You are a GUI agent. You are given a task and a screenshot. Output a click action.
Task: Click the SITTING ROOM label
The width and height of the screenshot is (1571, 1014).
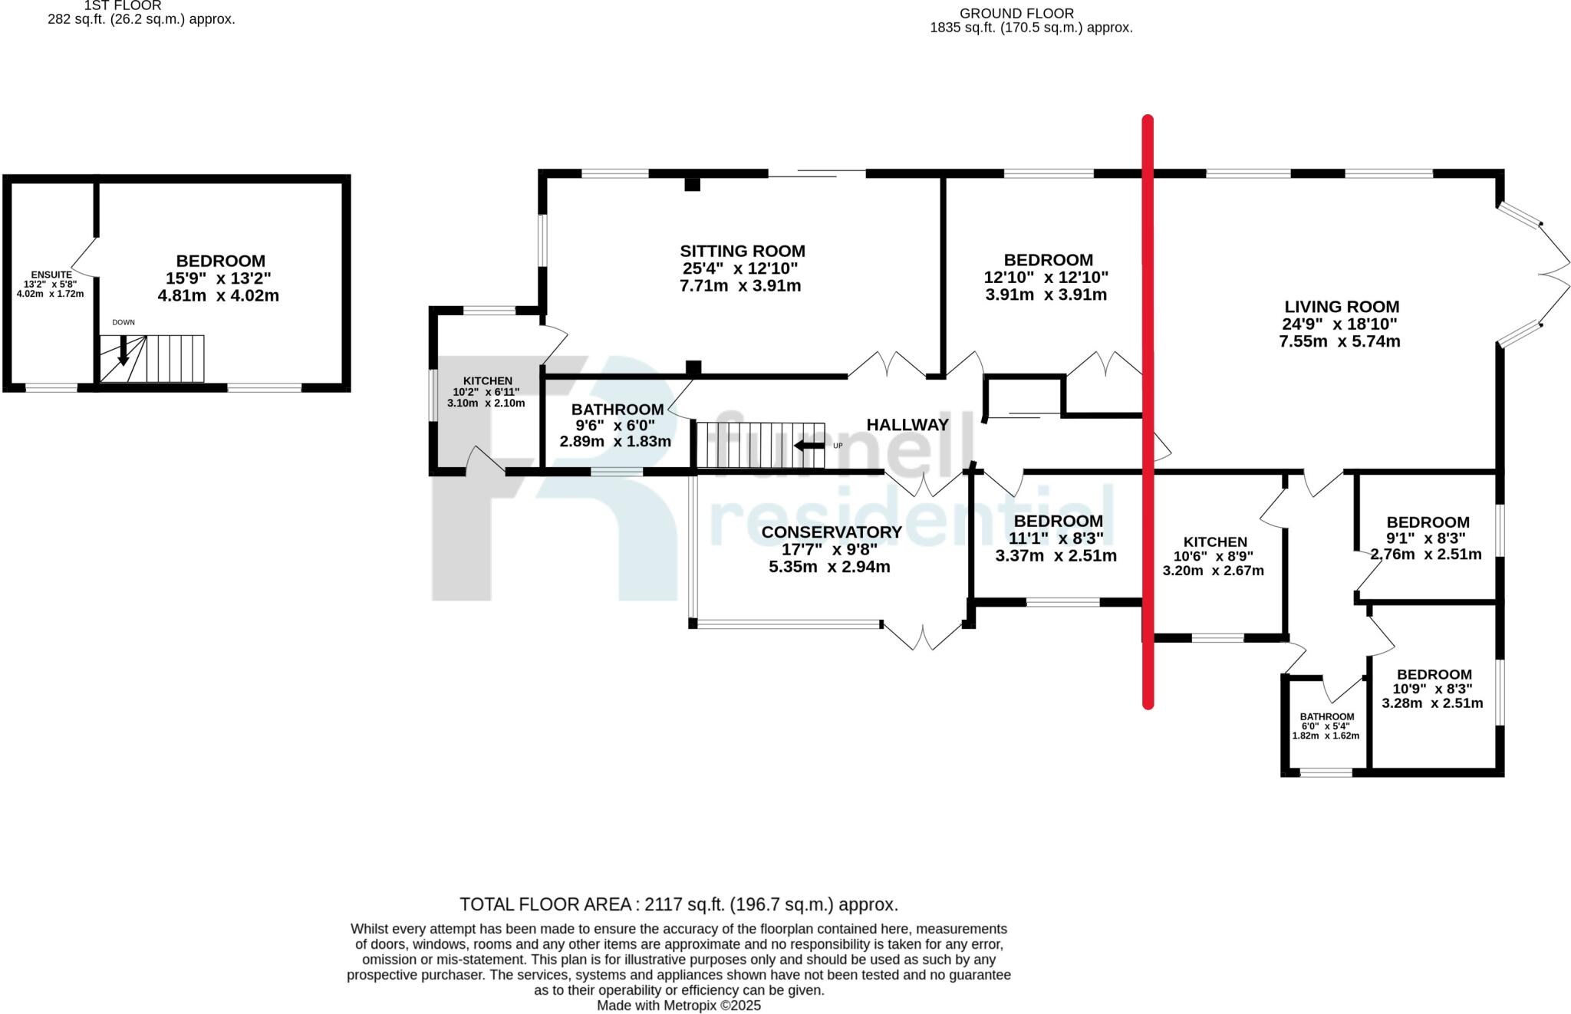742,252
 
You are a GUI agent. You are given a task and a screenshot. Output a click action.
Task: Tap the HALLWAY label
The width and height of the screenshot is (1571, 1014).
907,425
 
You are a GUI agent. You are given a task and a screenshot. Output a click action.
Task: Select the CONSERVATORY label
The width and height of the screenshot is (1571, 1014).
831,532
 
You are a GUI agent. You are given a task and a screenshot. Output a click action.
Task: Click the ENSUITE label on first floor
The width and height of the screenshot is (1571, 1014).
51,275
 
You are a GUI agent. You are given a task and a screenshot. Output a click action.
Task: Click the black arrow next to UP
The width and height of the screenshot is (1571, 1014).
809,446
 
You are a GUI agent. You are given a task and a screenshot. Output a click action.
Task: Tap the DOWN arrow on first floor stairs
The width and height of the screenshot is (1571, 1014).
123,351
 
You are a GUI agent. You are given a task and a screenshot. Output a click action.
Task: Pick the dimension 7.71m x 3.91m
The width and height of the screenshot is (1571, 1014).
740,286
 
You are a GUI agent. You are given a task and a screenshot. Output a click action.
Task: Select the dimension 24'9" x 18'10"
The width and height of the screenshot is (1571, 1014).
1339,324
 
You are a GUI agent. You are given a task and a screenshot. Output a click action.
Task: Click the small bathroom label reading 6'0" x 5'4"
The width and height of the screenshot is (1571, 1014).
1326,716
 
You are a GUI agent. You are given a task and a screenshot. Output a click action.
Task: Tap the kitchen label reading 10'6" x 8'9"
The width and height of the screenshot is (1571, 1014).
1215,542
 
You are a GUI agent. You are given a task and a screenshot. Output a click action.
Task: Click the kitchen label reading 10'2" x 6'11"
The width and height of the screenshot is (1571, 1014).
487,381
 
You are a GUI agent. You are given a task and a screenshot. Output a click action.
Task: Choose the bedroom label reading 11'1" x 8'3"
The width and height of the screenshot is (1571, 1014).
1058,522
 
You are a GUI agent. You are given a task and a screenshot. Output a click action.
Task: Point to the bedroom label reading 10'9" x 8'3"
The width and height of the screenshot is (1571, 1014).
1434,675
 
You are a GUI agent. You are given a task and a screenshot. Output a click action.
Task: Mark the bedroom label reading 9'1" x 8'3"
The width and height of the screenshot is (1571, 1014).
1428,522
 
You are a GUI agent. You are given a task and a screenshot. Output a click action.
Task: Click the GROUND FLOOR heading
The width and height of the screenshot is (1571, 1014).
1016,14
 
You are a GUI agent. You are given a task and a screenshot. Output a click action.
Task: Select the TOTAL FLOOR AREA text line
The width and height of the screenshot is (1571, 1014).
678,904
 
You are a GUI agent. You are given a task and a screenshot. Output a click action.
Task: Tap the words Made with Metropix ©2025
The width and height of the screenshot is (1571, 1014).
678,1005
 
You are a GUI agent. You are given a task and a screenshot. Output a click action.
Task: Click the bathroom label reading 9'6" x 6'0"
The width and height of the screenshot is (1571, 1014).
617,410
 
